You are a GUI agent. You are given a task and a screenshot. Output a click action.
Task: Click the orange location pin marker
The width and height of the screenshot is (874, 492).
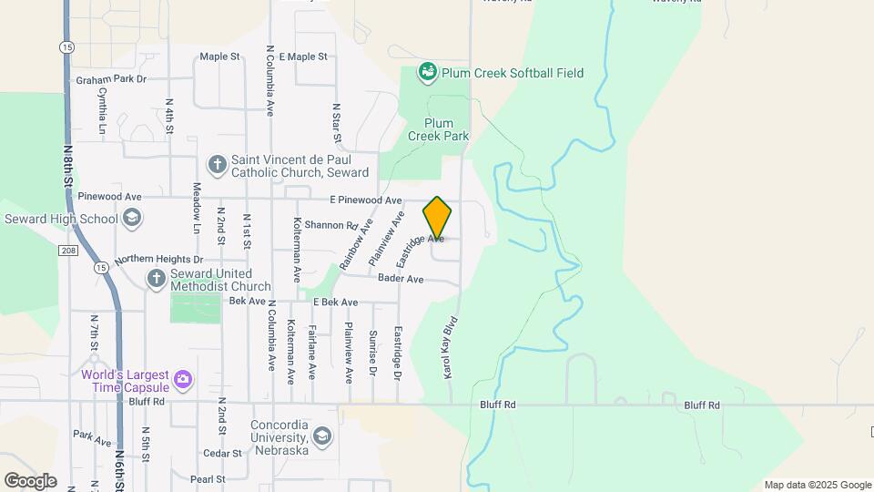coord(437,219)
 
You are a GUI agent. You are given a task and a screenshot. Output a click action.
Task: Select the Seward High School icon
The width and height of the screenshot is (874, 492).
coord(132,218)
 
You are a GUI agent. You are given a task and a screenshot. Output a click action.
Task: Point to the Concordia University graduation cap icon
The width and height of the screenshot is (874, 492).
coord(321,437)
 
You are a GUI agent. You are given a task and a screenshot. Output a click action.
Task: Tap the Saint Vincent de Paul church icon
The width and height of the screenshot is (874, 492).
coord(217,165)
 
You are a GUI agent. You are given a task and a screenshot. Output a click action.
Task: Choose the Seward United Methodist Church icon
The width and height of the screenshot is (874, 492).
coord(156,278)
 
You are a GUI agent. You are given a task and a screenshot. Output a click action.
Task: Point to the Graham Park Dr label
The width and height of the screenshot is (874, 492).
coord(111,80)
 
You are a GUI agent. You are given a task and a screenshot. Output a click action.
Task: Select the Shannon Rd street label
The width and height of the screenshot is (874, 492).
coord(331,225)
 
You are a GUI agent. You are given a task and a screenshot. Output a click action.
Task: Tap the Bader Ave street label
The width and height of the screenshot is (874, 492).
coord(401,279)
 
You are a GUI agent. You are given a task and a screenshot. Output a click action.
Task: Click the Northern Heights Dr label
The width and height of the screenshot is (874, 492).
coord(158,259)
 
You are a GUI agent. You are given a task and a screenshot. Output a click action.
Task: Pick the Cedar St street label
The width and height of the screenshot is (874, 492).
coord(222,453)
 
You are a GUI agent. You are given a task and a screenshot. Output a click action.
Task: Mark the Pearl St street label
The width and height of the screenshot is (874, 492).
coord(208,478)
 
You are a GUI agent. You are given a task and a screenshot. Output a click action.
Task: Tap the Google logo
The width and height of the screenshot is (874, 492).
coord(30,479)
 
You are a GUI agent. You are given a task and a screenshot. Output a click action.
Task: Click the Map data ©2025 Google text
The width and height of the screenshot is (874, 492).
coord(817,485)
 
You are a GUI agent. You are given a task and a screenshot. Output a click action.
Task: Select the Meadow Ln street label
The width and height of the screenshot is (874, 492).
coord(197,205)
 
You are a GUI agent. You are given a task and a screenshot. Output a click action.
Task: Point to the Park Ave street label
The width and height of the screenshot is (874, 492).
coord(92,437)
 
